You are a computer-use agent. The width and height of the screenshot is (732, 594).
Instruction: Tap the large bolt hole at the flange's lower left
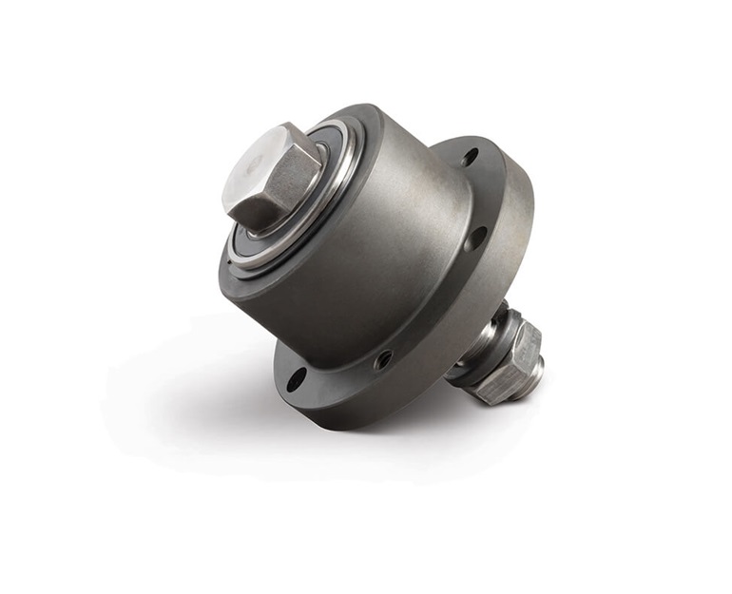pyautogui.click(x=297, y=379)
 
